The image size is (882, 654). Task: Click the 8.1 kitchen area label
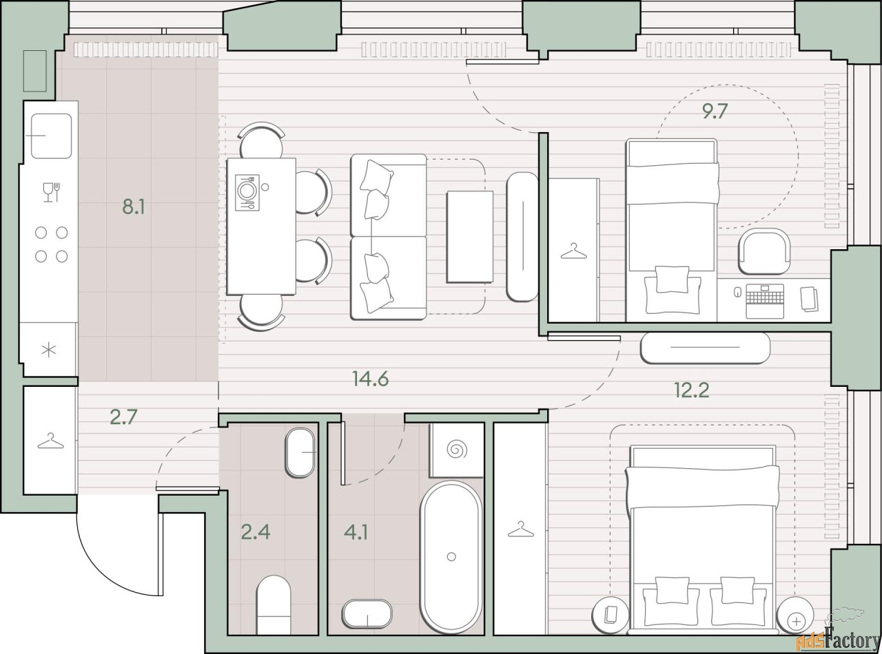[134, 207]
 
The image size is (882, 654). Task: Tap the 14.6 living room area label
[370, 379]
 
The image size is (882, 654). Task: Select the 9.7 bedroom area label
[714, 111]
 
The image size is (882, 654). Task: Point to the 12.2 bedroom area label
[692, 390]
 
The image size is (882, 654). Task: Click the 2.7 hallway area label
[123, 416]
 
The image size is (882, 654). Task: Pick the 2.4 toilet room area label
[256, 531]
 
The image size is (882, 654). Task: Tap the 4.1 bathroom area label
[356, 531]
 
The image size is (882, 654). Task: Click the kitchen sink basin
[51, 136]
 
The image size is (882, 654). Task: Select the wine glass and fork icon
[51, 192]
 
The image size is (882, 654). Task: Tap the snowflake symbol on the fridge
[49, 350]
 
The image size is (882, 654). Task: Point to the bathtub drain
[451, 557]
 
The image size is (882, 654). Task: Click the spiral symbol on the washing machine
[457, 450]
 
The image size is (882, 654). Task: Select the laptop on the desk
[764, 301]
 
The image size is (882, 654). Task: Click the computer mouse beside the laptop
[737, 292]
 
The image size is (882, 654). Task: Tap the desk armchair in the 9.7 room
[764, 251]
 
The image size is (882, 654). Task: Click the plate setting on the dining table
[247, 192]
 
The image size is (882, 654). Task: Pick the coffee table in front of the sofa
[470, 237]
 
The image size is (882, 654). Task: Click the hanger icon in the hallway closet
[50, 441]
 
